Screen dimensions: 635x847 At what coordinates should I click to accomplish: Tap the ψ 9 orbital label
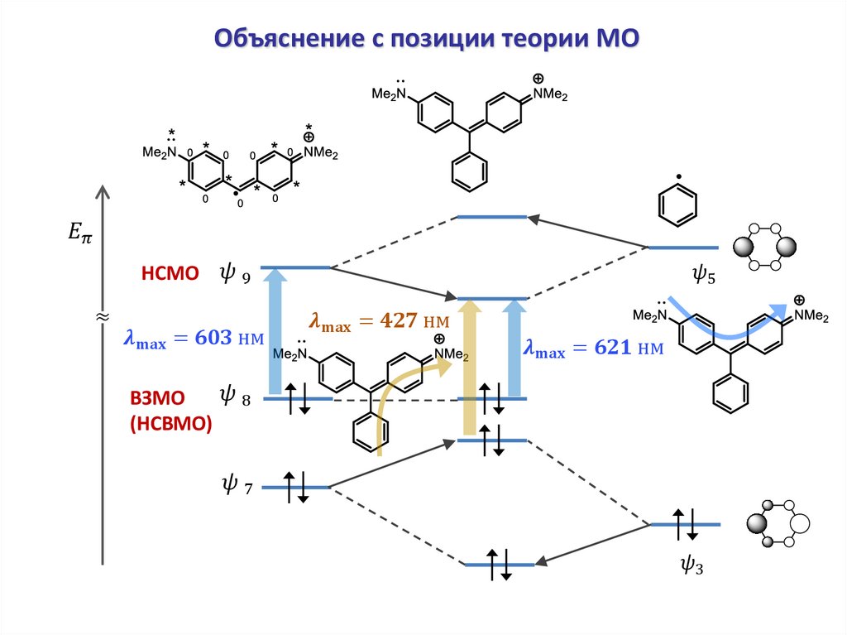[x=234, y=273]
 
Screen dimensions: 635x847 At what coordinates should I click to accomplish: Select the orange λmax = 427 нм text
[x=378, y=321]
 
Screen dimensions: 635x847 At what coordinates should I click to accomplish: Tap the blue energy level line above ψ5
[x=683, y=248]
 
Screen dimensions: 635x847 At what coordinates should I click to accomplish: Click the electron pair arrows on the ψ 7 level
[x=296, y=487]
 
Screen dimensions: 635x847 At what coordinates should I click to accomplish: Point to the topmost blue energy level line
[x=492, y=217]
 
